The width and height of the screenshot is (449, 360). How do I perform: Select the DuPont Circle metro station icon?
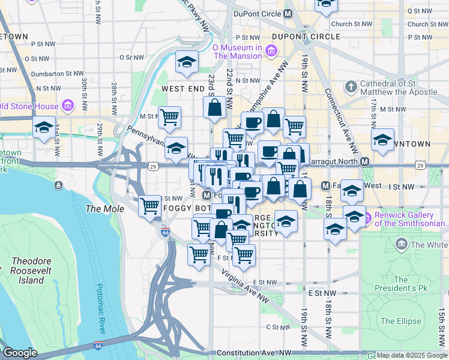(289, 13)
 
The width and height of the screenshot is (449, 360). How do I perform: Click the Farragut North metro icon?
(364, 161)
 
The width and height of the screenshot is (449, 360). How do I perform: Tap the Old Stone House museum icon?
(67, 107)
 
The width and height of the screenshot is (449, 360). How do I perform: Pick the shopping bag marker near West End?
(214, 108)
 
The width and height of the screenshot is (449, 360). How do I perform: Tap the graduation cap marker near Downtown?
(382, 140)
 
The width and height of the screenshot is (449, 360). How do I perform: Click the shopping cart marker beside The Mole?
(150, 206)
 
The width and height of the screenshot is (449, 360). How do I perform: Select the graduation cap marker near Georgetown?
(43, 128)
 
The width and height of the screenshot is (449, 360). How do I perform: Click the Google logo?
(20, 353)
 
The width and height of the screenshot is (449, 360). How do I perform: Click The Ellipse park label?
(400, 321)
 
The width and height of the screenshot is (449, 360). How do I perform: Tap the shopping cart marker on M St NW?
(169, 118)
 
